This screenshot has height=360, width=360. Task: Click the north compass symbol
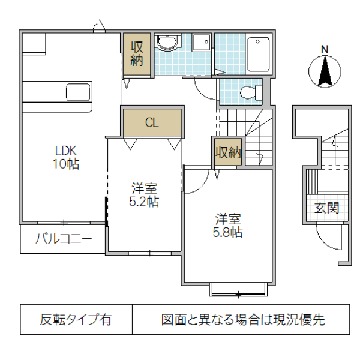(325, 72)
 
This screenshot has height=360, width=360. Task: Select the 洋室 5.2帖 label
(144, 196)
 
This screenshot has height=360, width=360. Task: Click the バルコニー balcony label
(63, 239)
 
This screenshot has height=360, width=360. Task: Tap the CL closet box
(152, 123)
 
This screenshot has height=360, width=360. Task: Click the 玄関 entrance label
(326, 208)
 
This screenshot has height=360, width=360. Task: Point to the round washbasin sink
(166, 43)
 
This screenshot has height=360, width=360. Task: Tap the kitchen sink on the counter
(78, 92)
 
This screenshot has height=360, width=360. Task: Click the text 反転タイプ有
(76, 320)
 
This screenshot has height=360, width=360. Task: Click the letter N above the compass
(324, 49)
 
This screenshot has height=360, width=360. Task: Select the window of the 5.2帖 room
(149, 253)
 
